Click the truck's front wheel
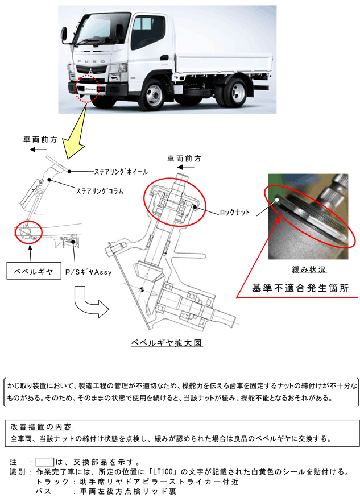click(155, 93)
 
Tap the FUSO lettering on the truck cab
click(92, 61)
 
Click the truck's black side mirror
click(65, 35)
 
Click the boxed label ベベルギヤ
click(34, 271)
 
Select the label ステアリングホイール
click(121, 172)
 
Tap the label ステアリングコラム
click(100, 191)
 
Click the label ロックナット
click(234, 212)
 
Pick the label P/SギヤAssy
click(88, 272)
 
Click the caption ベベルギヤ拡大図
click(167, 343)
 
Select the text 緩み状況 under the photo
click(309, 269)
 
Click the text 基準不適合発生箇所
click(300, 288)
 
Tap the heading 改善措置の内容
click(41, 427)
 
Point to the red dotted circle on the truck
click(87, 89)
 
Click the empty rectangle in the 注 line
click(44, 462)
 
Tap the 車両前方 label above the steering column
click(40, 139)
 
